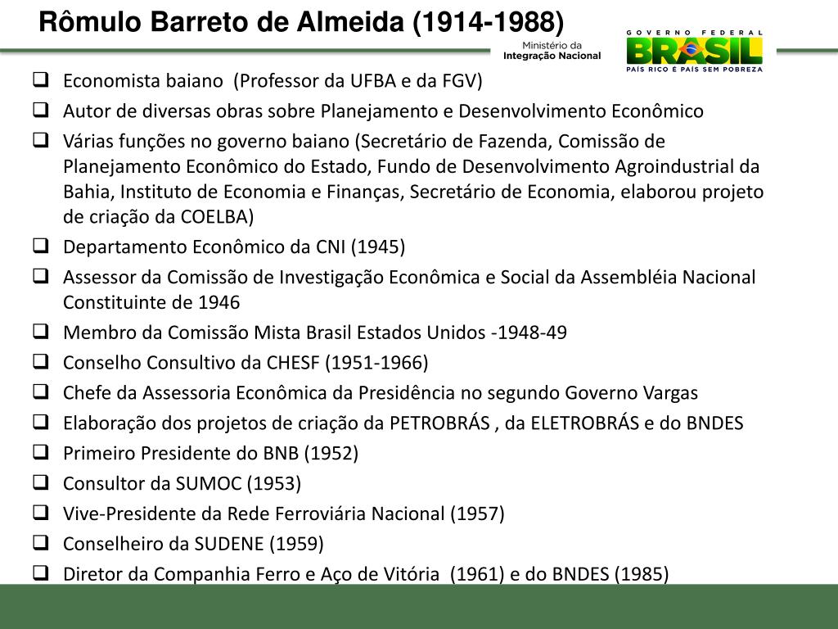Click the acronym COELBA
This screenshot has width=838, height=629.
[x=220, y=217]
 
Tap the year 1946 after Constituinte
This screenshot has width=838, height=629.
[x=219, y=303]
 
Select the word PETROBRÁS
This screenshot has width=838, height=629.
[x=440, y=423]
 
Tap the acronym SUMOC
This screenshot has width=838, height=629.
[x=209, y=483]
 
